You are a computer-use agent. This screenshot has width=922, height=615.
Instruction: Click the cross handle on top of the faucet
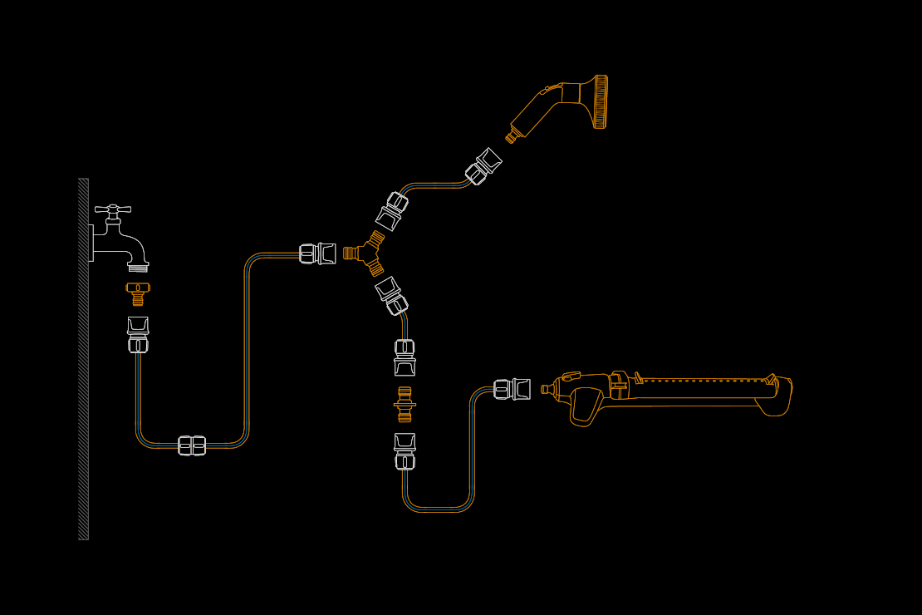[x=113, y=209]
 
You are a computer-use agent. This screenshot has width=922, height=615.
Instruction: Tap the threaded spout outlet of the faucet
[x=138, y=267]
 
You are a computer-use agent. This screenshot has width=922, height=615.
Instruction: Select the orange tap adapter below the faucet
[x=138, y=293]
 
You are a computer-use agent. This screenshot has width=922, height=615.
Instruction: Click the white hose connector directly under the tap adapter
[x=138, y=334]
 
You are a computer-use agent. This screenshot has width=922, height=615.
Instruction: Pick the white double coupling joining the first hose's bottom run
[x=192, y=445]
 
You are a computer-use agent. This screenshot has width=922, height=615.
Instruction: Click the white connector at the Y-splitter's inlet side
[x=318, y=253]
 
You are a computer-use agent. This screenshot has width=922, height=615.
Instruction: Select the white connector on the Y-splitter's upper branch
[x=391, y=211]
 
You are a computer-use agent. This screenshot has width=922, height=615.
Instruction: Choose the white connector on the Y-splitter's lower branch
[x=390, y=295]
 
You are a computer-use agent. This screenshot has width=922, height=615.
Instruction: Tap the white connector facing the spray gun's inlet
[x=483, y=166]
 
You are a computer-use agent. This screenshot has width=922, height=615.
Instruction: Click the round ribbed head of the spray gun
[x=601, y=101]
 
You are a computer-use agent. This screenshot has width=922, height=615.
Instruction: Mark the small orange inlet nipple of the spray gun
[x=512, y=136]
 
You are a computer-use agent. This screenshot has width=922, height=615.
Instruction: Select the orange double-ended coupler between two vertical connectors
[x=405, y=404]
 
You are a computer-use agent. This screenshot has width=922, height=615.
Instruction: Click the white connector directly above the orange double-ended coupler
[x=405, y=357]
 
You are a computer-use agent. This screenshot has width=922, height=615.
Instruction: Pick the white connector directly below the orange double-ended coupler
[x=405, y=451]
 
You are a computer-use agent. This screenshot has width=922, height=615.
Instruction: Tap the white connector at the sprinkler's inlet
[x=512, y=389]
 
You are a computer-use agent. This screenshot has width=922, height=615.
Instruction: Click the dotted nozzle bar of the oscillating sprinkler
[x=706, y=381]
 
